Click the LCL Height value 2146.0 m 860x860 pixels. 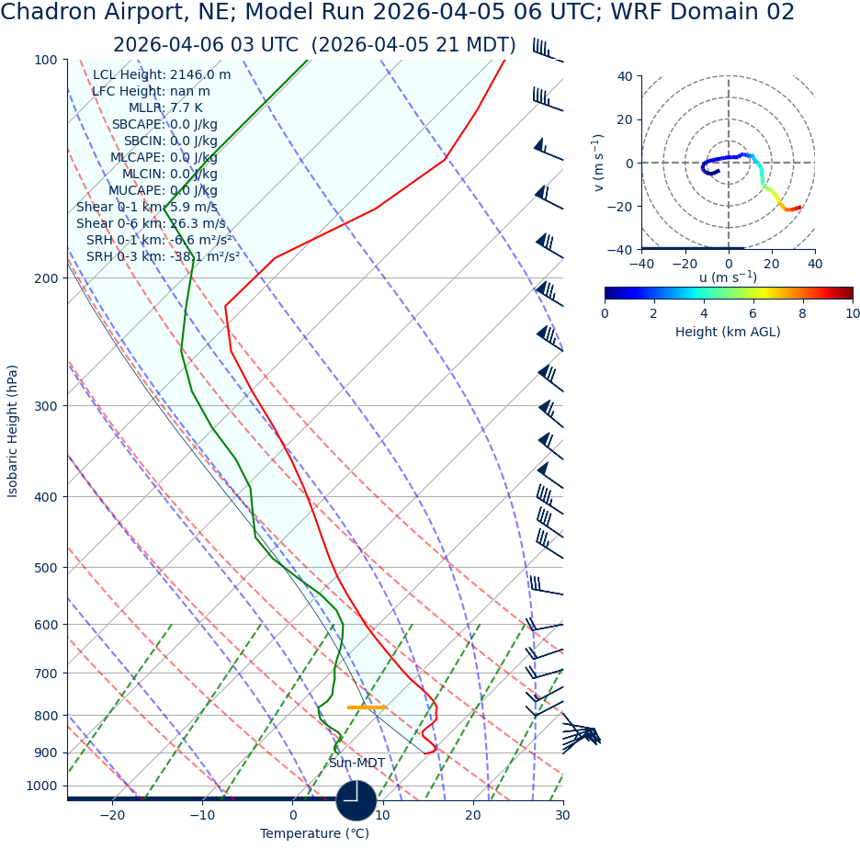point(200,75)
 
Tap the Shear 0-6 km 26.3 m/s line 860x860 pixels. point(151,223)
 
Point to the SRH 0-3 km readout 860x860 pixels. point(164,256)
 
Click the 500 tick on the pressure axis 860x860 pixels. point(45,568)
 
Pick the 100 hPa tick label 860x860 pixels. point(45,60)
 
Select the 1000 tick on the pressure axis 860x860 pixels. point(41,786)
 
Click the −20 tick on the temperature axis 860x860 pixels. point(111,815)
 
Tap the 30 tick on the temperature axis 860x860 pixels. point(562,815)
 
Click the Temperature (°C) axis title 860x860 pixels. point(314,834)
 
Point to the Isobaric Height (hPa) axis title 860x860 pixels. point(13,431)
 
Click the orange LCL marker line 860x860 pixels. point(366,707)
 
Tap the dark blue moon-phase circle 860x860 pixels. point(356,800)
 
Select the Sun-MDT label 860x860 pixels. point(357,764)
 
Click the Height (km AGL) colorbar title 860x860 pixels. point(728,332)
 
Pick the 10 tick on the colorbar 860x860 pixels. point(853,313)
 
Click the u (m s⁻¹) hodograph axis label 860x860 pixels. point(728,277)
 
